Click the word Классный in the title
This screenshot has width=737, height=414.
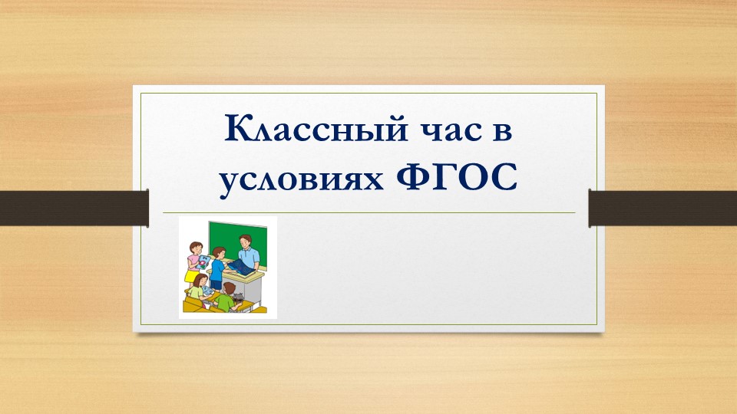(316, 128)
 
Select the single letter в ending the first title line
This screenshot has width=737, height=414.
(502, 131)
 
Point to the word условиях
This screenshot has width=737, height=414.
(301, 181)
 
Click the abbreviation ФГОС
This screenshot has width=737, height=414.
(456, 177)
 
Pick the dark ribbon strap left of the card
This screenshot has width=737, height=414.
(74, 209)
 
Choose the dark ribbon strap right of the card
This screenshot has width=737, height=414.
(663, 209)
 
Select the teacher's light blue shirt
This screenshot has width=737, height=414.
(249, 258)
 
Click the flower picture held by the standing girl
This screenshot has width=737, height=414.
(203, 262)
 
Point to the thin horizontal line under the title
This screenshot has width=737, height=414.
(369, 212)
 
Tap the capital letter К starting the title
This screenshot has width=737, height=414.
(237, 128)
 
